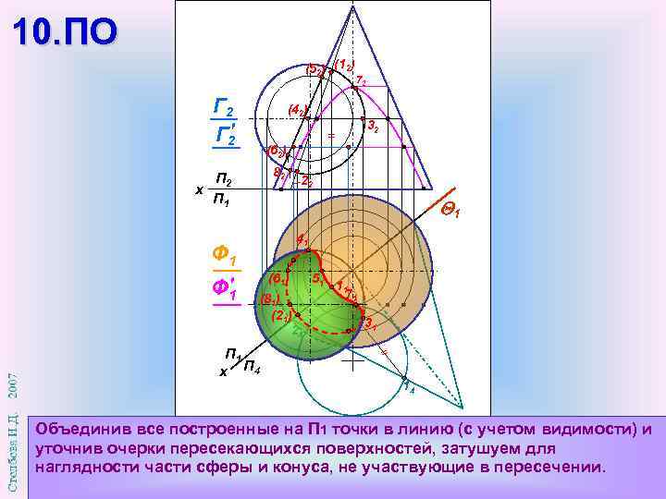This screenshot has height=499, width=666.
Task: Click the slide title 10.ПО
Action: pos(66,32)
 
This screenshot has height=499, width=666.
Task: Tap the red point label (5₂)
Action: pos(314,69)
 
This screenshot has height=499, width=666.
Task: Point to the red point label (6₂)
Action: pos(277,150)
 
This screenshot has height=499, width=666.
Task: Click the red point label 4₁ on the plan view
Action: pos(302,241)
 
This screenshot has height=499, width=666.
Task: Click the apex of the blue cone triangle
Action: pos(351,6)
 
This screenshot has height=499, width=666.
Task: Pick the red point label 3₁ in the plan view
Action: pos(367,323)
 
